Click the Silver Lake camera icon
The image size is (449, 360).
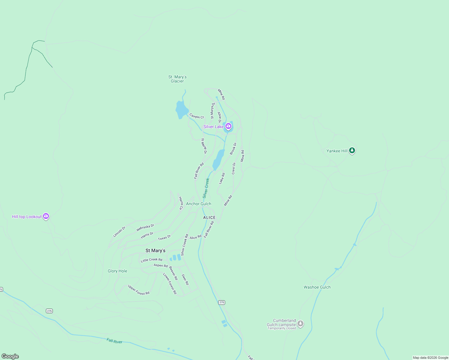[x=228, y=126]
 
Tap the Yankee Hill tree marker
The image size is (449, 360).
[x=352, y=151]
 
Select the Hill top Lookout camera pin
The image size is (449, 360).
[x=46, y=216]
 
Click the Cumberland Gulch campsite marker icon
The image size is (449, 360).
[x=300, y=324]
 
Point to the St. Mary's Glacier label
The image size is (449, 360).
[x=177, y=79]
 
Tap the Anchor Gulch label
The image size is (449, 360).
[x=198, y=204]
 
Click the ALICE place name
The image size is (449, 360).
[x=209, y=217]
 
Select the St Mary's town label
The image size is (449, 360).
[x=155, y=250]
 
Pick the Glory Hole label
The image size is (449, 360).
[x=117, y=271]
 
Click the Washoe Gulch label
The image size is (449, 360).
[x=317, y=287]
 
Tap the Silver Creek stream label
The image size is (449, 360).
[x=206, y=188]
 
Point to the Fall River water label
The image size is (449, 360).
[x=114, y=341]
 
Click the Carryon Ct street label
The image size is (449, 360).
[x=197, y=116]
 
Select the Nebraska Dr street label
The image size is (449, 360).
[x=145, y=228]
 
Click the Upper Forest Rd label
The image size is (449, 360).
[x=138, y=290]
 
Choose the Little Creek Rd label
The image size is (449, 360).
[x=152, y=260]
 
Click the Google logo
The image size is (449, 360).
[x=10, y=356]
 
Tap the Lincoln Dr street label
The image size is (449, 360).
[x=119, y=232]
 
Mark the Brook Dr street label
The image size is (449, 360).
[x=233, y=149]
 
